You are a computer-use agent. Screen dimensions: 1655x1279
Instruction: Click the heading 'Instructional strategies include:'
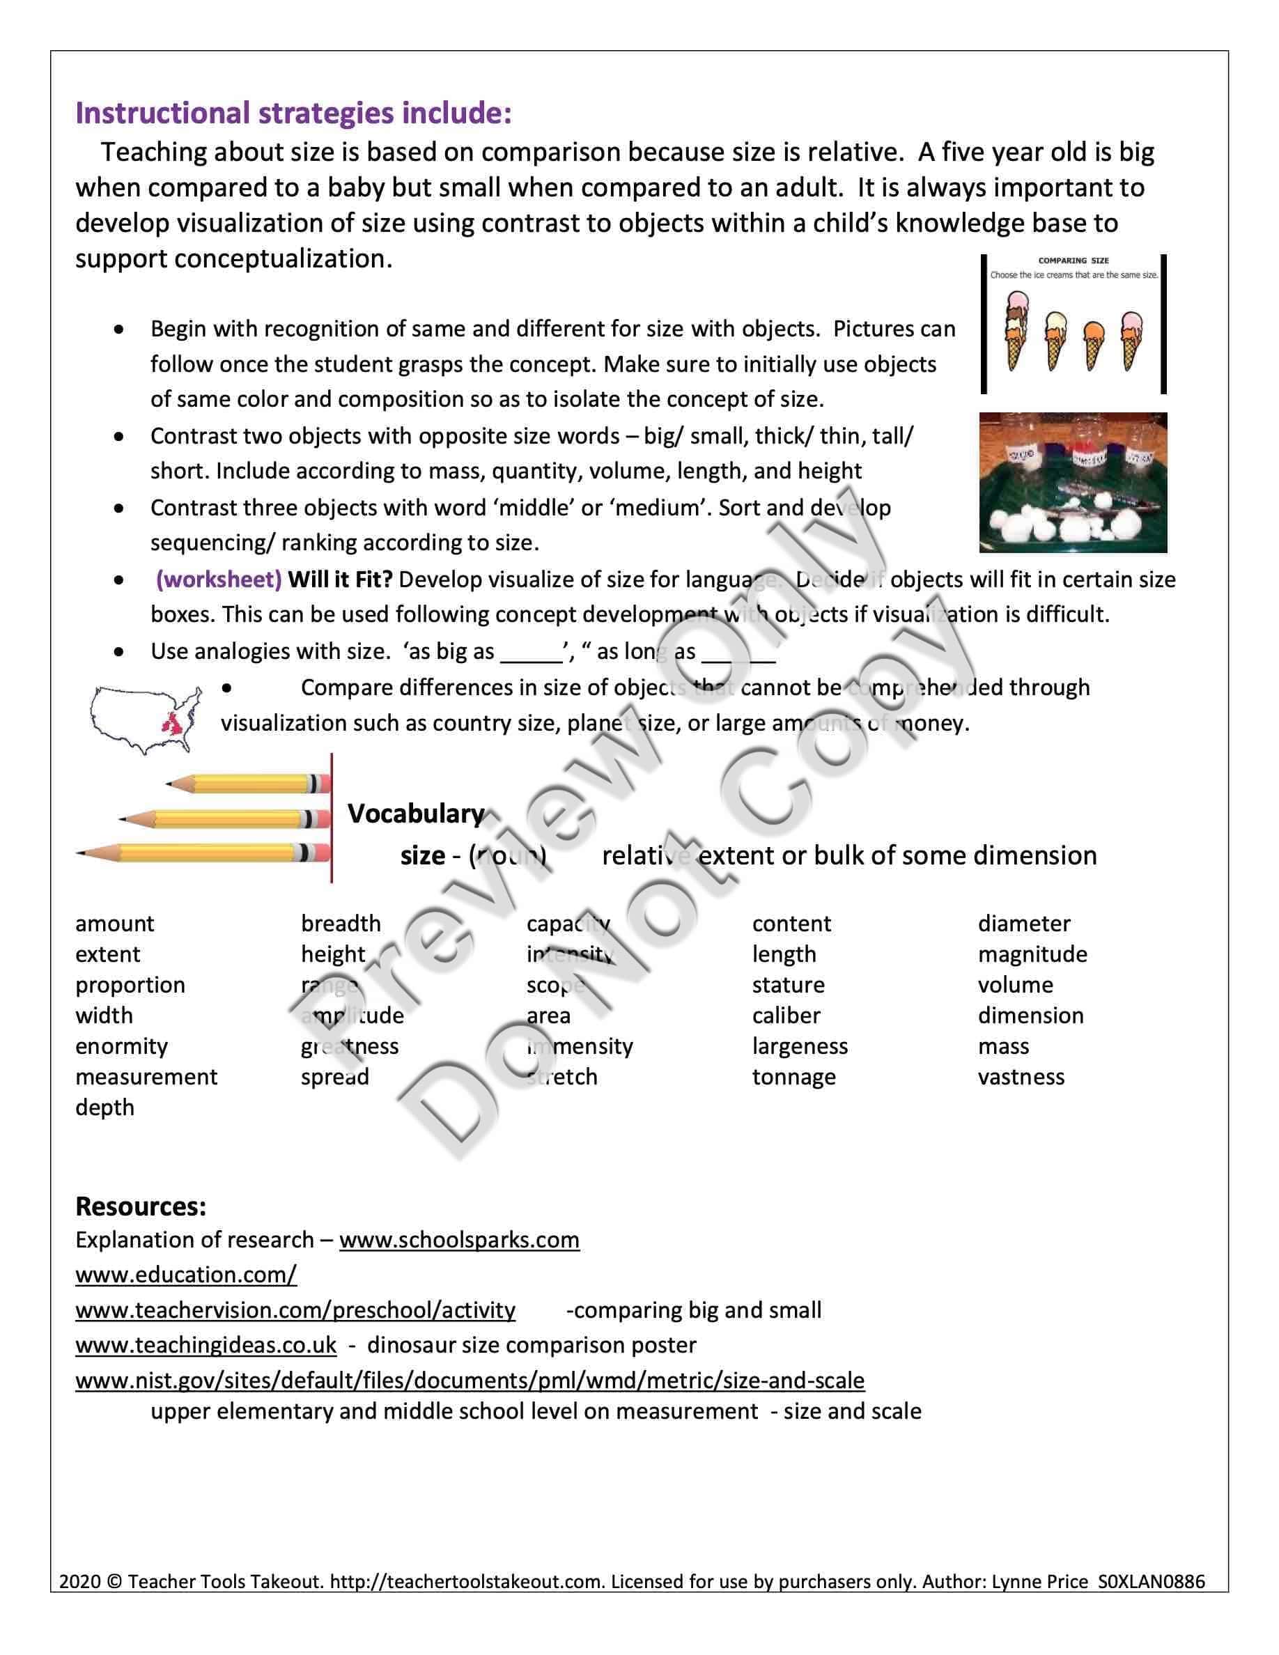pos(293,114)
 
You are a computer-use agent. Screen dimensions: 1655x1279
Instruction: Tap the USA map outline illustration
pos(146,718)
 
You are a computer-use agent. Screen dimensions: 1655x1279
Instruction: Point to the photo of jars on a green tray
pos(1072,482)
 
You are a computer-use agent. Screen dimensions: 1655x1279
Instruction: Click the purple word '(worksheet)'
pos(219,580)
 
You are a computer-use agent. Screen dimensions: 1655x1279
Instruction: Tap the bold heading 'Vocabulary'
pos(416,814)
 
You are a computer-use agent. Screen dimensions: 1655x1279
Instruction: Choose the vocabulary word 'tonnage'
pos(793,1077)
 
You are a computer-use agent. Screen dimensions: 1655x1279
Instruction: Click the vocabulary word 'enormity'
pos(121,1046)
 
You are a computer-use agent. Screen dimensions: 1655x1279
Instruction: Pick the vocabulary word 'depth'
pos(104,1108)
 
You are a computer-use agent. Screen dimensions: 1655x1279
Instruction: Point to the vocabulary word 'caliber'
pos(786,1016)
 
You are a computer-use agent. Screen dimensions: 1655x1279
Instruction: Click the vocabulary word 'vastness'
pos(1021,1077)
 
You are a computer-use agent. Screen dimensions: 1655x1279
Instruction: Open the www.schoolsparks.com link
pos(459,1241)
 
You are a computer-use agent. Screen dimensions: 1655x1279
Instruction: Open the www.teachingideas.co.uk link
pos(206,1345)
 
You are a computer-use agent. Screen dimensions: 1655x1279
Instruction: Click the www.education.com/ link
pos(185,1275)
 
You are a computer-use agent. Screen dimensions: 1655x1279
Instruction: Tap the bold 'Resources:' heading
pos(141,1206)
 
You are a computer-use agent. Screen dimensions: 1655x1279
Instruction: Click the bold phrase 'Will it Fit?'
pos(340,580)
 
